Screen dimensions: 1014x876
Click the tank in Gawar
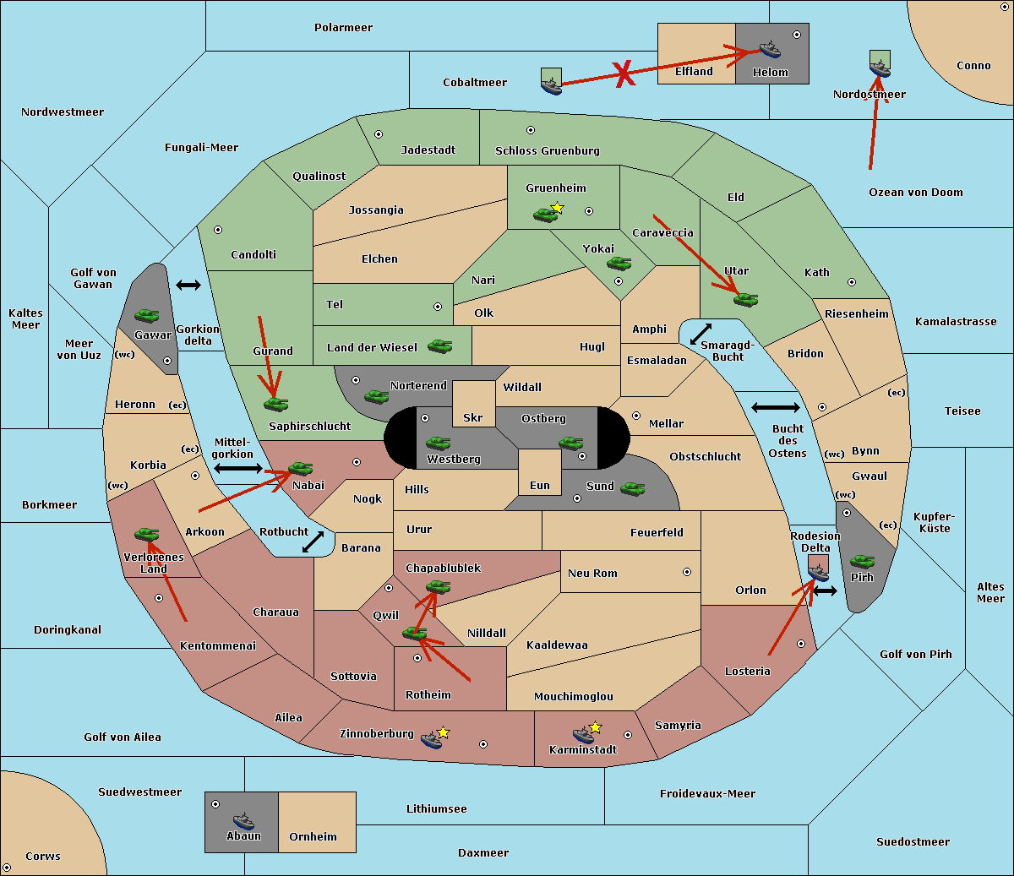(147, 315)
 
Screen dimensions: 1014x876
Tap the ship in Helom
(770, 49)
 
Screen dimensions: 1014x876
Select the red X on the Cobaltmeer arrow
(624, 74)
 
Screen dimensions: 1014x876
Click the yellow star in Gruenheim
(558, 208)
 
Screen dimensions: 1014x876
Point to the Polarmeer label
(343, 28)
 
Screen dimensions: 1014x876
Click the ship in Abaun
(243, 820)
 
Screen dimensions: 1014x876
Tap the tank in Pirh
(862, 561)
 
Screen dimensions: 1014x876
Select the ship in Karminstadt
(583, 735)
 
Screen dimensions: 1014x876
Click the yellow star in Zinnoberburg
(443, 732)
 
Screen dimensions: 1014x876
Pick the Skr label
(472, 417)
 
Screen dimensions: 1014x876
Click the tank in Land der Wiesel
(439, 346)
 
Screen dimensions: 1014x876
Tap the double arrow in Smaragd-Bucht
(701, 334)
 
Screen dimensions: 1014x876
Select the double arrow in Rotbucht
(313, 541)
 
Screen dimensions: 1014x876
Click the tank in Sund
(632, 488)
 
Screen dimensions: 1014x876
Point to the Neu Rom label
(592, 573)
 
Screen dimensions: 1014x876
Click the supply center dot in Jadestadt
(379, 134)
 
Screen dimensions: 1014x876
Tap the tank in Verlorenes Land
(146, 534)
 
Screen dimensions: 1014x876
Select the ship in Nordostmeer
(880, 69)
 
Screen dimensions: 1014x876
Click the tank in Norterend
(376, 397)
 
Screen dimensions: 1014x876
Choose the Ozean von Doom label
(915, 193)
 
